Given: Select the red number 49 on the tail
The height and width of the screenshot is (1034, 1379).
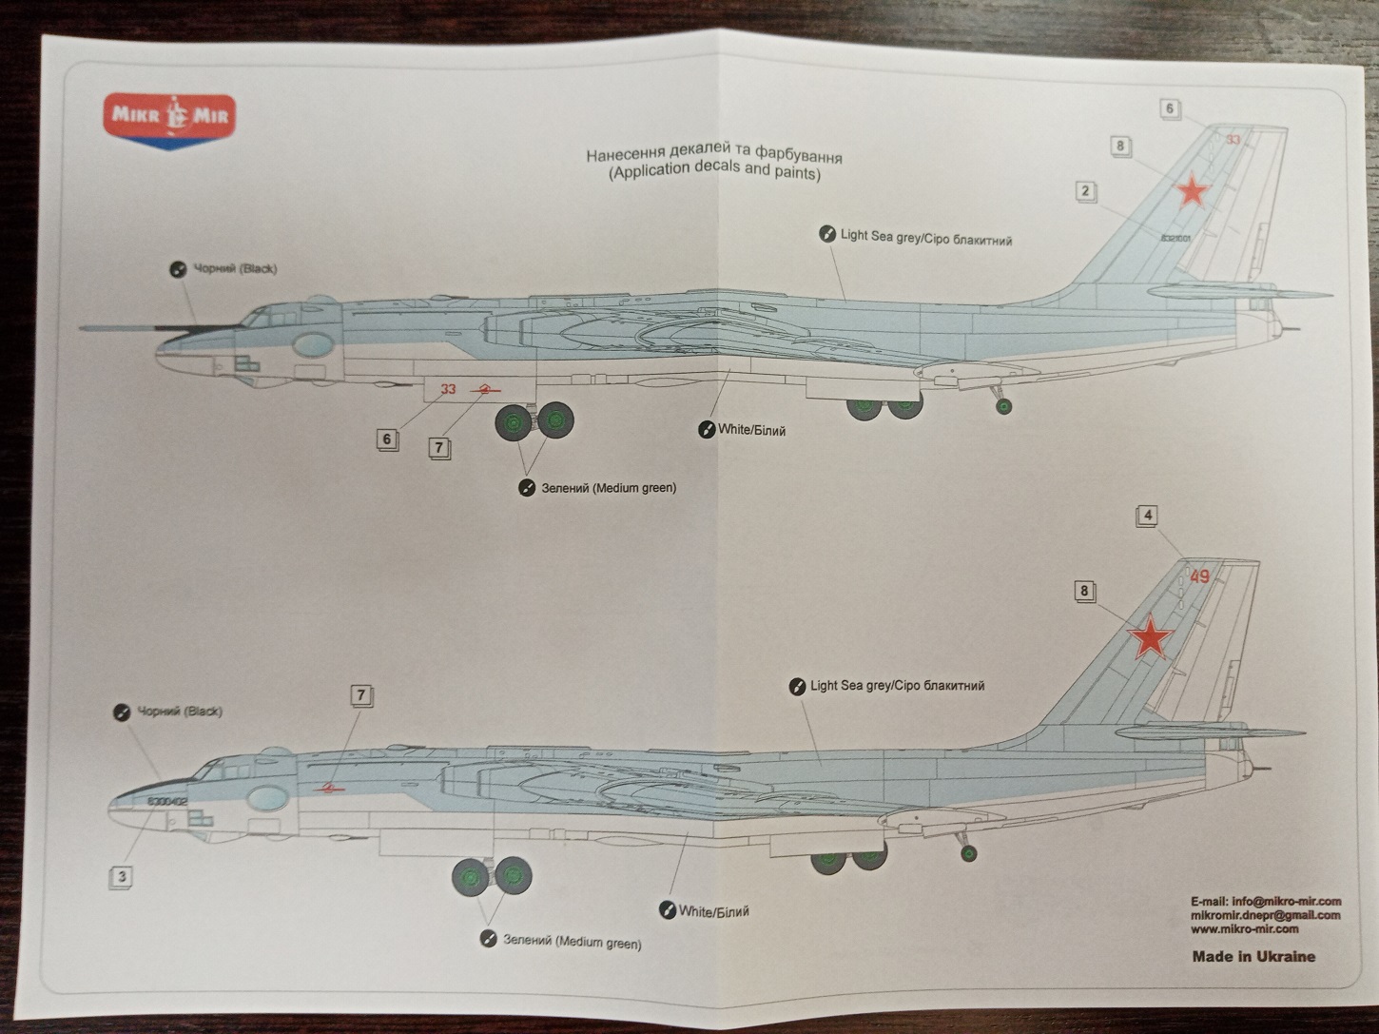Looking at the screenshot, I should pos(1199,576).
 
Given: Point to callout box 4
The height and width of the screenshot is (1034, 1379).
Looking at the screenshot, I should pos(1149,516).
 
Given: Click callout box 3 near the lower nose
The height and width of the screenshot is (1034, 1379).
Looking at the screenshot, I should pos(121,876).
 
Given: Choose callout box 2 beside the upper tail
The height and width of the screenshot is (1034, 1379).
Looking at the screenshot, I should pos(1085,191).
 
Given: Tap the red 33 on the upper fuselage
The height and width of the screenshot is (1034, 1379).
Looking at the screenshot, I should pos(448,388).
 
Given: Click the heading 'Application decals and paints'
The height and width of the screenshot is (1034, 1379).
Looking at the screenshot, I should pos(714,173).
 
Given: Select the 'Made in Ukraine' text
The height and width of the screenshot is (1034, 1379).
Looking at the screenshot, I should pos(1253,956).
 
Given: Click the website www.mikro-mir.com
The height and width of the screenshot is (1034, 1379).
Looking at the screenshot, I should pos(1244,928).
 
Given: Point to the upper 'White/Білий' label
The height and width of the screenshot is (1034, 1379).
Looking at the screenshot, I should pos(750,430).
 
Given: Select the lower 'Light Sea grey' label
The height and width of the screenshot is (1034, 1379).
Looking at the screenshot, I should pos(896,685).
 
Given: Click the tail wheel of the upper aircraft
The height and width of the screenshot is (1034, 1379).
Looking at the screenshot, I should pos(1003,407).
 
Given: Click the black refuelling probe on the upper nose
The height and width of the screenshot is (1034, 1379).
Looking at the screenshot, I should pos(143,327).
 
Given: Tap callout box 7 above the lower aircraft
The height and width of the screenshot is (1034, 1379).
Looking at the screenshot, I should pos(360,695).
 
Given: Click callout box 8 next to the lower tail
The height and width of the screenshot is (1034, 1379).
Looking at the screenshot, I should pos(1083,591).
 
